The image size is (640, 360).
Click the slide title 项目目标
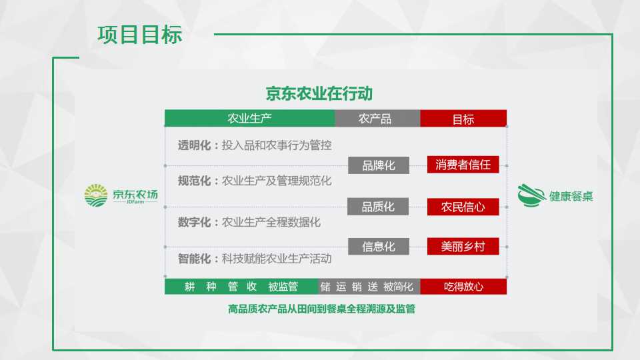139,34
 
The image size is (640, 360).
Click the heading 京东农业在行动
319,93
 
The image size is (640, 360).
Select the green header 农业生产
250,119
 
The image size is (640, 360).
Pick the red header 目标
463,119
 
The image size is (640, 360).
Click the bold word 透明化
194,145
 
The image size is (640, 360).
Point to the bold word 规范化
194,181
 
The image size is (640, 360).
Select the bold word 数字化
194,223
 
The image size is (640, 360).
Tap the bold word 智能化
194,259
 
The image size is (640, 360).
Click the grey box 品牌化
379,165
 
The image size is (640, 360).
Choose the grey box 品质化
378,207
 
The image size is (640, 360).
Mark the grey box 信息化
379,247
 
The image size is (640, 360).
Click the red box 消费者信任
463,165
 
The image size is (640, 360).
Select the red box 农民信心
463,207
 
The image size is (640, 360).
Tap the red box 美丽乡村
463,247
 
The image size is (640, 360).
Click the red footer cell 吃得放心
463,287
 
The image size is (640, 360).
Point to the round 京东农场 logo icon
96,195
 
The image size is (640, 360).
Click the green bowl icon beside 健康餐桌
531,195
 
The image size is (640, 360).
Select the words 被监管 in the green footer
283,287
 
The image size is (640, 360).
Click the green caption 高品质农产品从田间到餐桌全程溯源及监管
321,309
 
